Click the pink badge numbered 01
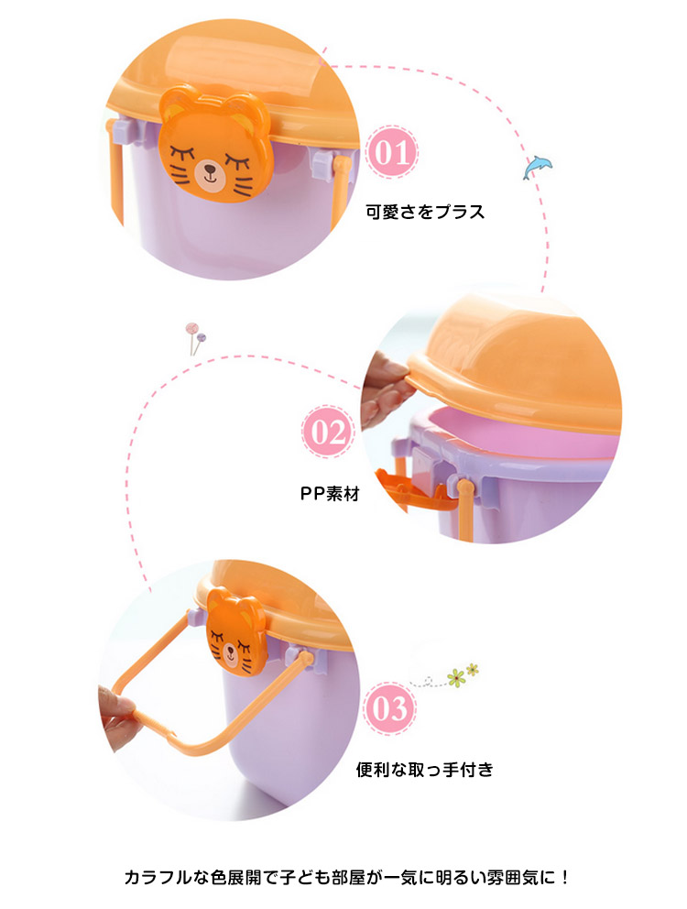pyautogui.click(x=392, y=152)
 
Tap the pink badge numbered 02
pyautogui.click(x=328, y=432)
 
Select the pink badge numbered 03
pyautogui.click(x=389, y=709)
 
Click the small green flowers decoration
pyautogui.click(x=462, y=675)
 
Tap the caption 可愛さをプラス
pyautogui.click(x=425, y=212)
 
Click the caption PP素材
pyautogui.click(x=329, y=493)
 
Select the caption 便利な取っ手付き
pyautogui.click(x=424, y=770)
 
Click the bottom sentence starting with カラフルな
pyautogui.click(x=347, y=877)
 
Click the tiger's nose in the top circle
pyautogui.click(x=209, y=170)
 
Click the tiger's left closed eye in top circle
pyautogui.click(x=181, y=154)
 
